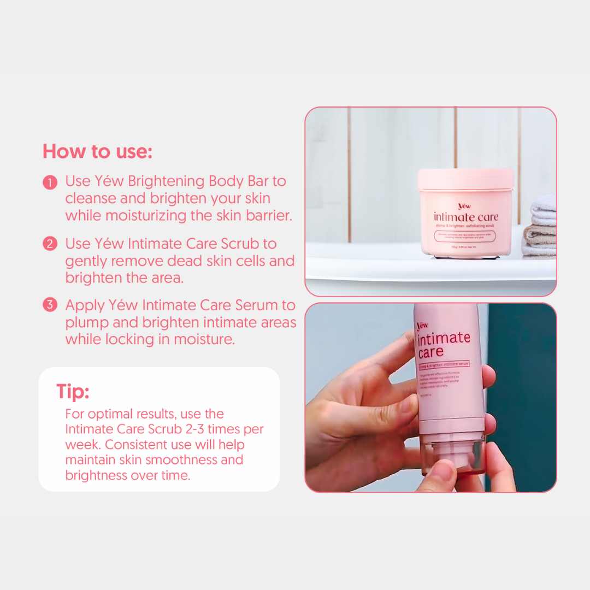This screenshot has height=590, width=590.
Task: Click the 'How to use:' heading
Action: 97,151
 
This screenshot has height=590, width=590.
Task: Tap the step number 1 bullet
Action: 50,182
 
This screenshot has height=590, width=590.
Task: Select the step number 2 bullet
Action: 50,244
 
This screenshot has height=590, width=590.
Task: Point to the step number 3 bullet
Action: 50,305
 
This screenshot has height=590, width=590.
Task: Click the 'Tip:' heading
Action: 73,391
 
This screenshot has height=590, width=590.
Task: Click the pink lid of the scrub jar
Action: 465,179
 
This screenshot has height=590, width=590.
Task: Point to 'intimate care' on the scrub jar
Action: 465,216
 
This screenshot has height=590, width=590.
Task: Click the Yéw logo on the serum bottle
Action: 422,326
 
